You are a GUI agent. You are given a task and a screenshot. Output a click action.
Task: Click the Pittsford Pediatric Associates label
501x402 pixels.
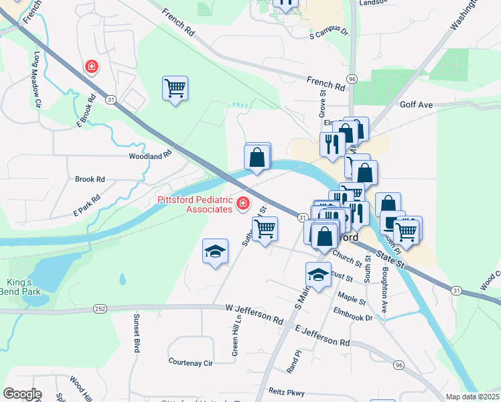click(x=194, y=204)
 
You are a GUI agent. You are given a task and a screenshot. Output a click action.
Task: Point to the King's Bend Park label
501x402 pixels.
click(x=24, y=287)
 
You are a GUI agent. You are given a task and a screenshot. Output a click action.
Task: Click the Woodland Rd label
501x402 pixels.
click(x=150, y=155)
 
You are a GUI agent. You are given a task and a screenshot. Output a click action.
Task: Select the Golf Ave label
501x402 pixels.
click(x=417, y=105)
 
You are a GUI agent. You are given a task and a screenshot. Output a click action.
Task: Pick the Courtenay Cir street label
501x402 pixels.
click(x=190, y=362)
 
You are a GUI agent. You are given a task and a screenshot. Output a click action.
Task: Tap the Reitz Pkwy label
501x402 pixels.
click(x=303, y=393)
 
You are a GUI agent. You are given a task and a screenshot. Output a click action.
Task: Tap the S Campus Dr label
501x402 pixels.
click(x=329, y=31)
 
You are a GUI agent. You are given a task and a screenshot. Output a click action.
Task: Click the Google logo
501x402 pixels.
click(x=23, y=394)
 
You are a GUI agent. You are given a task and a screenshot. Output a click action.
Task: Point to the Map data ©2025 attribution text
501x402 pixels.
click(x=472, y=397)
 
